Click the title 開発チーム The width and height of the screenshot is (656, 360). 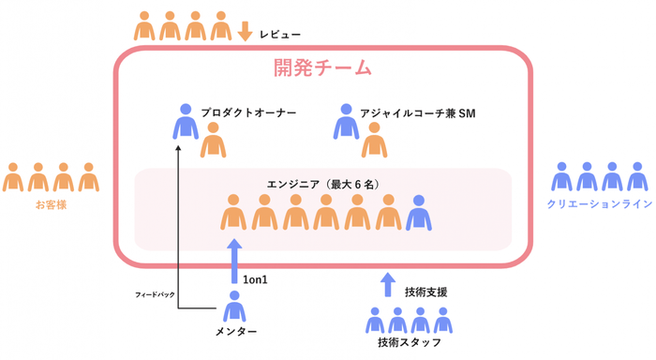pyautogui.click(x=323, y=67)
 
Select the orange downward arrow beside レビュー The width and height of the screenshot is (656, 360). pyautogui.click(x=246, y=31)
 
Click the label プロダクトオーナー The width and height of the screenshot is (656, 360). pyautogui.click(x=248, y=112)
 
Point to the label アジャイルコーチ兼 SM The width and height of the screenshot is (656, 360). pyautogui.click(x=418, y=112)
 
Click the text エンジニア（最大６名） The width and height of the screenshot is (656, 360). pyautogui.click(x=322, y=185)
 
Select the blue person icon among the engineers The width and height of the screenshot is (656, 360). pyautogui.click(x=419, y=213)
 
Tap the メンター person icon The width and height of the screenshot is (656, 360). pyautogui.click(x=234, y=307)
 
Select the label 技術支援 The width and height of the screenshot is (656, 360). pyautogui.click(x=425, y=292)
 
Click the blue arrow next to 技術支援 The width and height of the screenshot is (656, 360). pyautogui.click(x=389, y=284)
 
